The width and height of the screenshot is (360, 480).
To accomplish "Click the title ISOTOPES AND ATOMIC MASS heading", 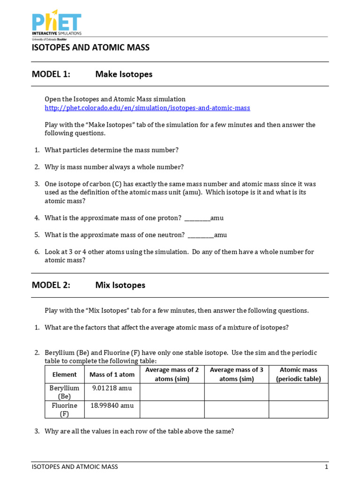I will (x=90, y=47).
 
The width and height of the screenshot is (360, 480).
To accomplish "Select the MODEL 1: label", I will (x=51, y=74).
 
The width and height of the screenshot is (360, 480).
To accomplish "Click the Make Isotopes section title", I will (x=124, y=74).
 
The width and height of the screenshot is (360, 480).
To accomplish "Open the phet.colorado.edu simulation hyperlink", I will (x=147, y=108).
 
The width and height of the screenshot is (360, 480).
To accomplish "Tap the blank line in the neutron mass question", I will (x=201, y=235).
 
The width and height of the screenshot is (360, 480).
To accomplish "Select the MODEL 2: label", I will (x=51, y=285).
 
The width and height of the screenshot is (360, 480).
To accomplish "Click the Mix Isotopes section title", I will (x=120, y=285).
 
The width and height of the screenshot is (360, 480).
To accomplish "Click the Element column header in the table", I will (x=65, y=375).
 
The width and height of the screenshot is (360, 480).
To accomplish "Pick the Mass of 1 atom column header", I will (x=112, y=375).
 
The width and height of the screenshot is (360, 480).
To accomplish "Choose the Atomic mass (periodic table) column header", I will (x=299, y=375).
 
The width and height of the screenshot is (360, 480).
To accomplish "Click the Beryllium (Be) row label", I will (x=65, y=392).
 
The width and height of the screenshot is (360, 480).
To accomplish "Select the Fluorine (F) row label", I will (x=65, y=409).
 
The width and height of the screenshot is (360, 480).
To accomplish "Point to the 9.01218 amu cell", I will (x=112, y=388).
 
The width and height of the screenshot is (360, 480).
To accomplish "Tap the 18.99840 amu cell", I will (x=112, y=405).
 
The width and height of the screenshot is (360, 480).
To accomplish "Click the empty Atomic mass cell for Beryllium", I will (x=299, y=392).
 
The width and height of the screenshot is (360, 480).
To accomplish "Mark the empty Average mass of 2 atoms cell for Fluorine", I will (x=172, y=409).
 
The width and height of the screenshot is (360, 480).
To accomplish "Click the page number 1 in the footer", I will (x=326, y=467).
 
